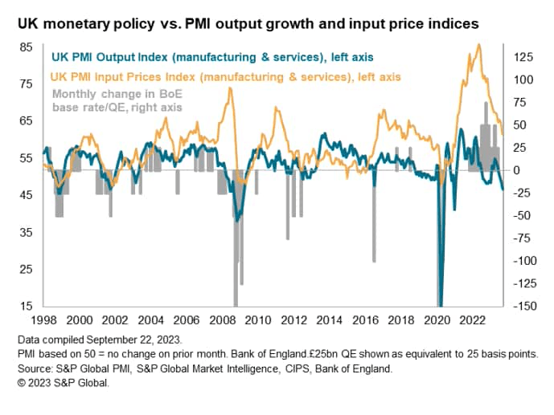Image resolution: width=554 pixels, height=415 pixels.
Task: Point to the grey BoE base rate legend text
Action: click(116, 100)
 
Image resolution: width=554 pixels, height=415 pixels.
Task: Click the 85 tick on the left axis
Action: click(27, 47)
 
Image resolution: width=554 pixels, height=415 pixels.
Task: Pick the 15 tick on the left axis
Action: click(27, 306)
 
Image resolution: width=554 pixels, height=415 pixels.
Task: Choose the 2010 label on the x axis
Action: click(258, 319)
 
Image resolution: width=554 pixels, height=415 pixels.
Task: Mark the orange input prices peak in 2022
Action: click(479, 46)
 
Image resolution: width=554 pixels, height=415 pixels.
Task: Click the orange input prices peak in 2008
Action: click(230, 88)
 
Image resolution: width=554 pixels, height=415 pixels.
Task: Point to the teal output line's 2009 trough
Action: click(236, 219)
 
